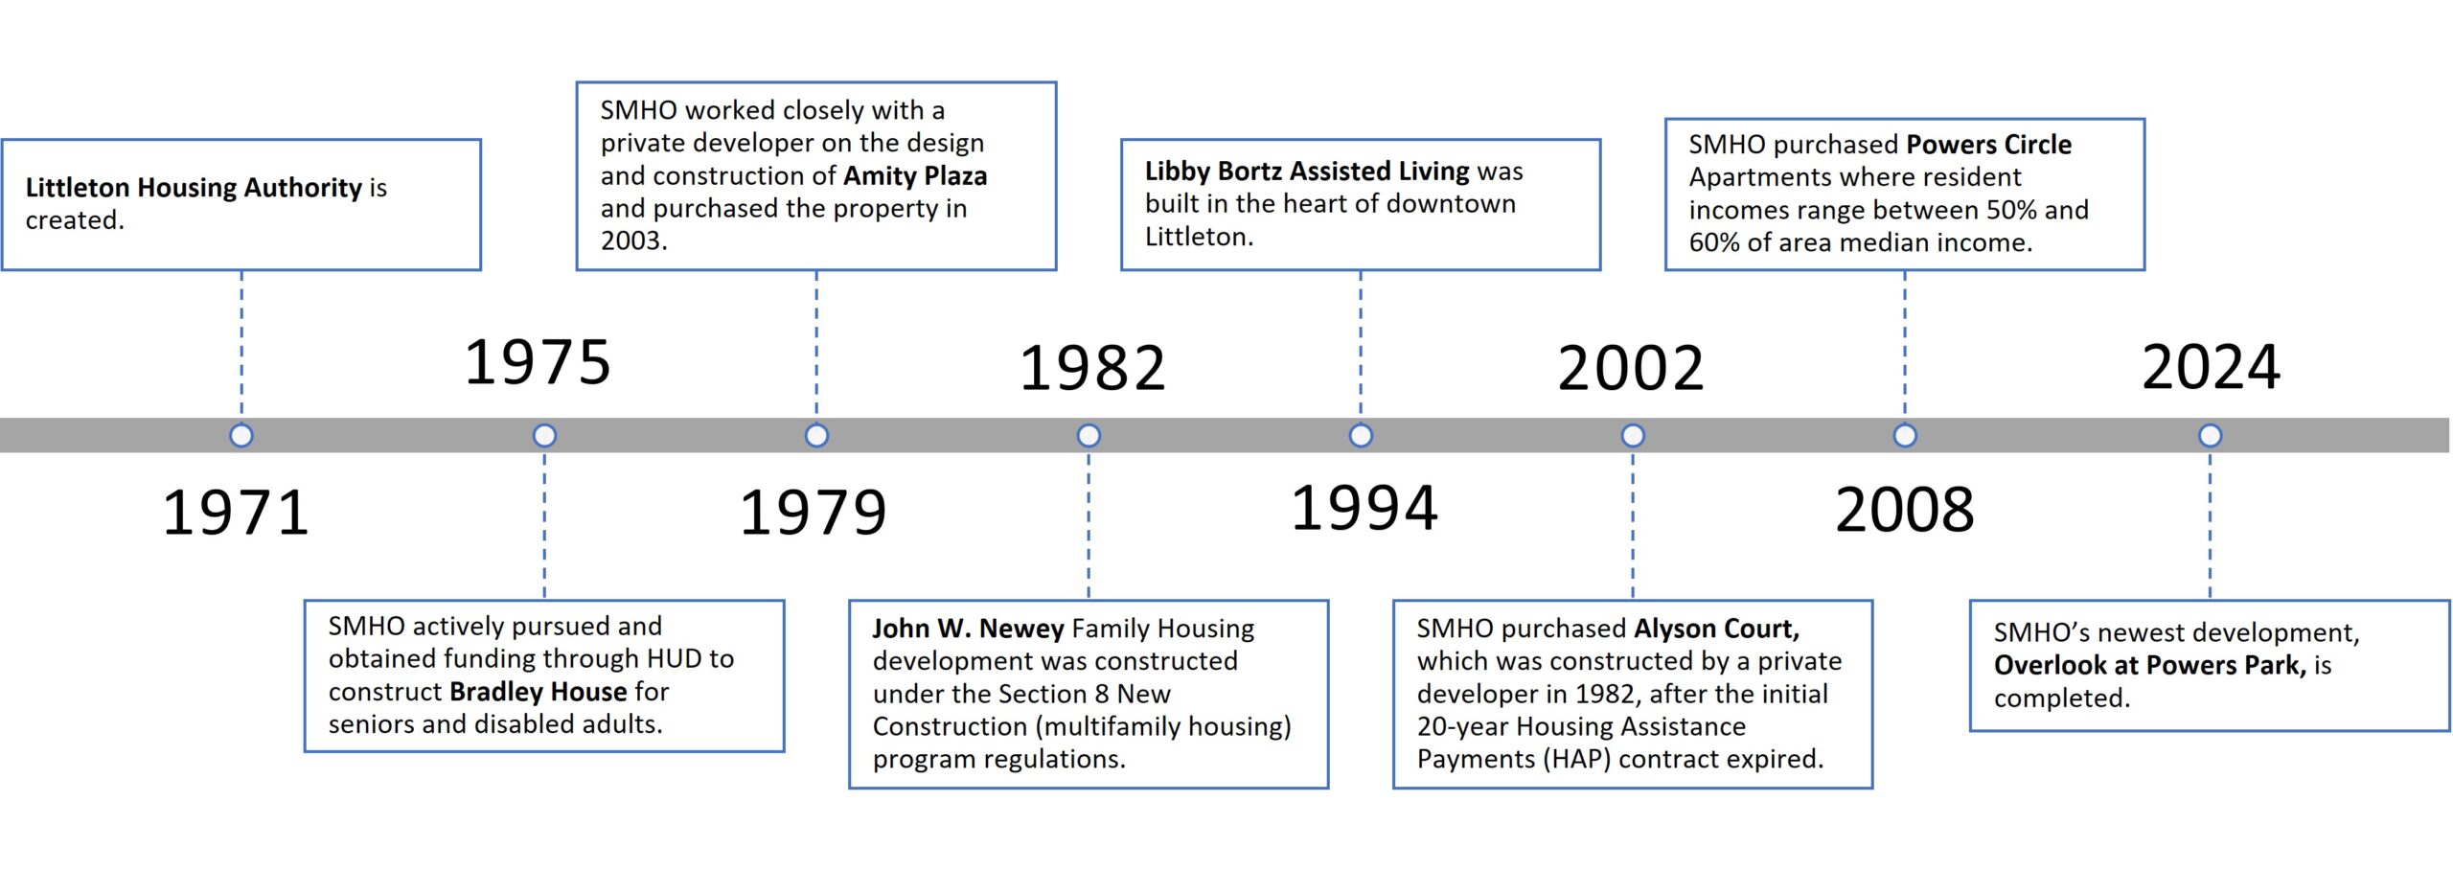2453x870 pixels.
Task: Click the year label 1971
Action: click(236, 513)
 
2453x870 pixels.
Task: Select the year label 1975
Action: click(538, 362)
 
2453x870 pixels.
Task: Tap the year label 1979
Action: click(813, 513)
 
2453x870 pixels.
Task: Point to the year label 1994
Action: click(1364, 508)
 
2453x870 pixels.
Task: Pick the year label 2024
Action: click(2211, 367)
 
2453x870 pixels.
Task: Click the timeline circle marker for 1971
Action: click(241, 436)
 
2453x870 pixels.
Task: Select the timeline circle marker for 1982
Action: click(1089, 436)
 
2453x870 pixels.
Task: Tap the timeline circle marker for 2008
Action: click(1905, 436)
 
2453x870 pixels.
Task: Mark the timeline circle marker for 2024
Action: click(2211, 436)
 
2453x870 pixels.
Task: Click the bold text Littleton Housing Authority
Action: click(194, 187)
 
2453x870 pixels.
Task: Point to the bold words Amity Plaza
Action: click(915, 176)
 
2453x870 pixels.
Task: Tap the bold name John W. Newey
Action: click(968, 629)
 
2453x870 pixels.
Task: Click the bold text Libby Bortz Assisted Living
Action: click(1307, 171)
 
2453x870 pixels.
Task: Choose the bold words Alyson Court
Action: click(1716, 629)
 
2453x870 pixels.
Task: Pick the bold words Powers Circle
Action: click(1988, 145)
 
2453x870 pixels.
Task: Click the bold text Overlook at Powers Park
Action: click(2149, 665)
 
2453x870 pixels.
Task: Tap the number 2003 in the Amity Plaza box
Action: click(633, 240)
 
